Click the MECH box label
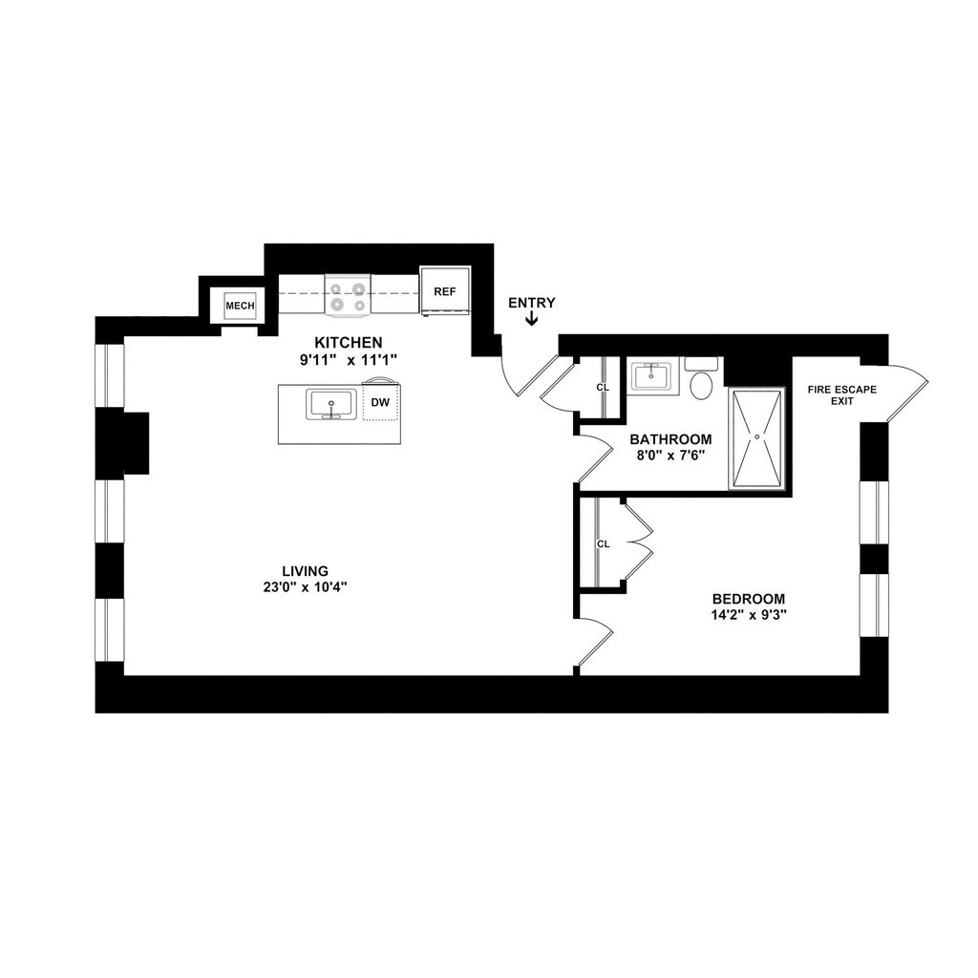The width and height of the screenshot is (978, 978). pos(240,306)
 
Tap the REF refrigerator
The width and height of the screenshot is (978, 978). pos(445,291)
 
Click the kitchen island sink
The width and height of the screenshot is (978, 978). pos(331,404)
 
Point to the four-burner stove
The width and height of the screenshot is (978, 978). pos(348,294)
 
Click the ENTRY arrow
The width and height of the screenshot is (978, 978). pos(531,319)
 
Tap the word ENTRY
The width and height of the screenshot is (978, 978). pos(531,303)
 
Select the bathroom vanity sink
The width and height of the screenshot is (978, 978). pos(651,376)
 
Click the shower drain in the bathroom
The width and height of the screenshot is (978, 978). pos(757,436)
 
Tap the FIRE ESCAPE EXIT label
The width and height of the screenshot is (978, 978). pos(842,395)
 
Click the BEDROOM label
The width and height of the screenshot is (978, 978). pos(749,600)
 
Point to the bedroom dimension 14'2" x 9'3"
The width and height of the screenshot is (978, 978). pos(749,615)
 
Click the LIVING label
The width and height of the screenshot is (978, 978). pos(305,571)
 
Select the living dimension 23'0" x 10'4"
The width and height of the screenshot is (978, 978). pos(305,587)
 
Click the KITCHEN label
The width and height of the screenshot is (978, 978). pos(348,343)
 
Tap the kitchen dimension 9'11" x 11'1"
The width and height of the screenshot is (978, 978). pos(348,360)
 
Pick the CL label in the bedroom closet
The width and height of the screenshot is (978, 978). pos(604,543)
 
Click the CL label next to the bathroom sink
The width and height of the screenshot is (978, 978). pos(603,388)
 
